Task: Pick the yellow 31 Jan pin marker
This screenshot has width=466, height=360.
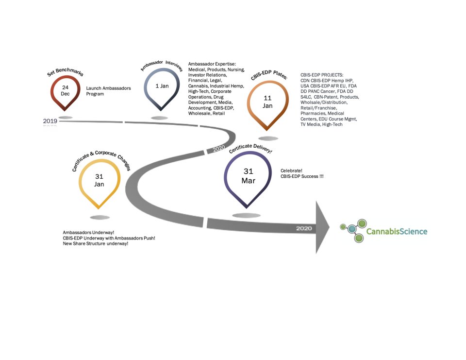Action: (x=100, y=181)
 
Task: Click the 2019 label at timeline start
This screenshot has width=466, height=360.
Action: (x=50, y=120)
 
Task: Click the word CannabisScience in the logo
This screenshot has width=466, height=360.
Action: (x=397, y=231)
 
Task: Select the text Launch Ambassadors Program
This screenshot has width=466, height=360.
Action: (x=108, y=91)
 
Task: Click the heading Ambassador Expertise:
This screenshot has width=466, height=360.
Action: (x=212, y=64)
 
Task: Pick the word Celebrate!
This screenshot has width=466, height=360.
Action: (x=291, y=171)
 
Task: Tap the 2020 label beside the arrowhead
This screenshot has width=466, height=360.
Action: (x=303, y=228)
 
